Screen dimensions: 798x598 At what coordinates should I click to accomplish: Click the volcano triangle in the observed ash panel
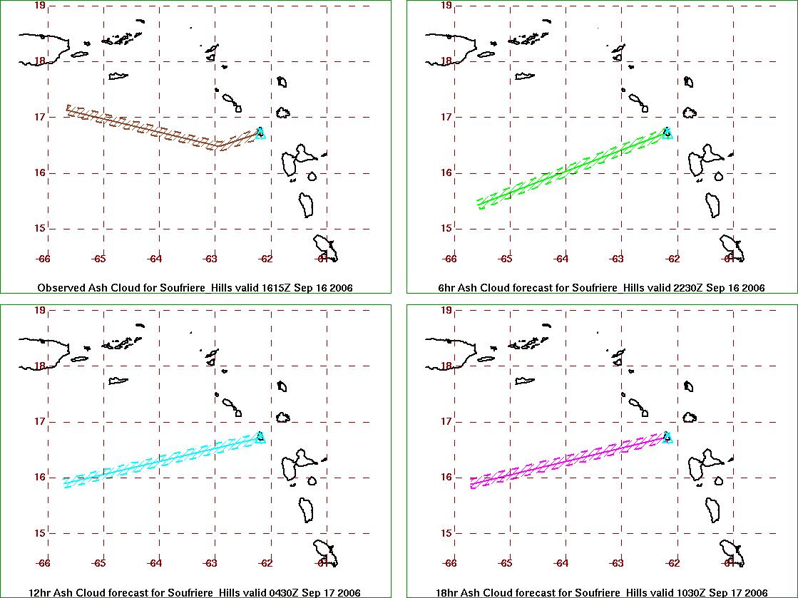(260, 134)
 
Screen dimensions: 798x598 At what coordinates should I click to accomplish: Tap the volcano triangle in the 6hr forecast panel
(667, 134)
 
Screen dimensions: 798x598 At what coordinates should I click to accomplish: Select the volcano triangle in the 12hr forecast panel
(260, 438)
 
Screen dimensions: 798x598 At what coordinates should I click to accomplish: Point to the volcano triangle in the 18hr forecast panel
(667, 438)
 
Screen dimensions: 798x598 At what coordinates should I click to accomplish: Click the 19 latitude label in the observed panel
(40, 6)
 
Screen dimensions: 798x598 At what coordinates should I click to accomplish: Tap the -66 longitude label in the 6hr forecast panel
(449, 259)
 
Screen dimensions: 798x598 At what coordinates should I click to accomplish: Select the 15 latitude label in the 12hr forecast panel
(40, 533)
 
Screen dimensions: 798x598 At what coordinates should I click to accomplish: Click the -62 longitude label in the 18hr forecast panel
(672, 563)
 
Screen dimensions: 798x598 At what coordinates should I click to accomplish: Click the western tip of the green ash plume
(479, 204)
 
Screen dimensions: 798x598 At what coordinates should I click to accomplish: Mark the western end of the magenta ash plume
(472, 483)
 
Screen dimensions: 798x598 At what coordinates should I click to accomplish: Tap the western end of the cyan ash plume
(65, 483)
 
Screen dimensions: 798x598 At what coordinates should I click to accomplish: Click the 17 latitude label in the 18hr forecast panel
(447, 421)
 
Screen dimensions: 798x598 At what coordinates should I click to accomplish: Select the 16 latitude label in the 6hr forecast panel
(447, 172)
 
